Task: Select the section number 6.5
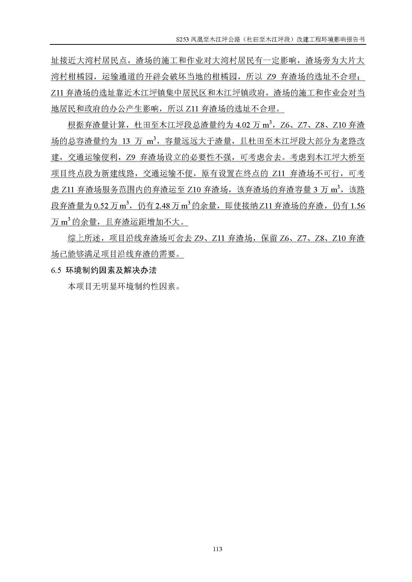point(56,270)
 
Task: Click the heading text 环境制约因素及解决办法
point(111,270)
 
